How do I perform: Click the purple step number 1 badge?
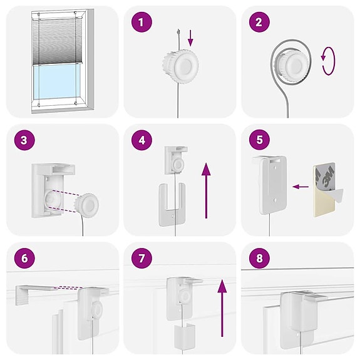(x=142, y=23)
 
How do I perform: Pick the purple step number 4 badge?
(x=142, y=140)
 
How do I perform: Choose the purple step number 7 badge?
(x=142, y=258)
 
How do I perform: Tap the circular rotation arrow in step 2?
(x=328, y=63)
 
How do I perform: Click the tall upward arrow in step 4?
(x=206, y=190)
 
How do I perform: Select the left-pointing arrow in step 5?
(x=301, y=186)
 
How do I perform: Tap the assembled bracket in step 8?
(x=299, y=316)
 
